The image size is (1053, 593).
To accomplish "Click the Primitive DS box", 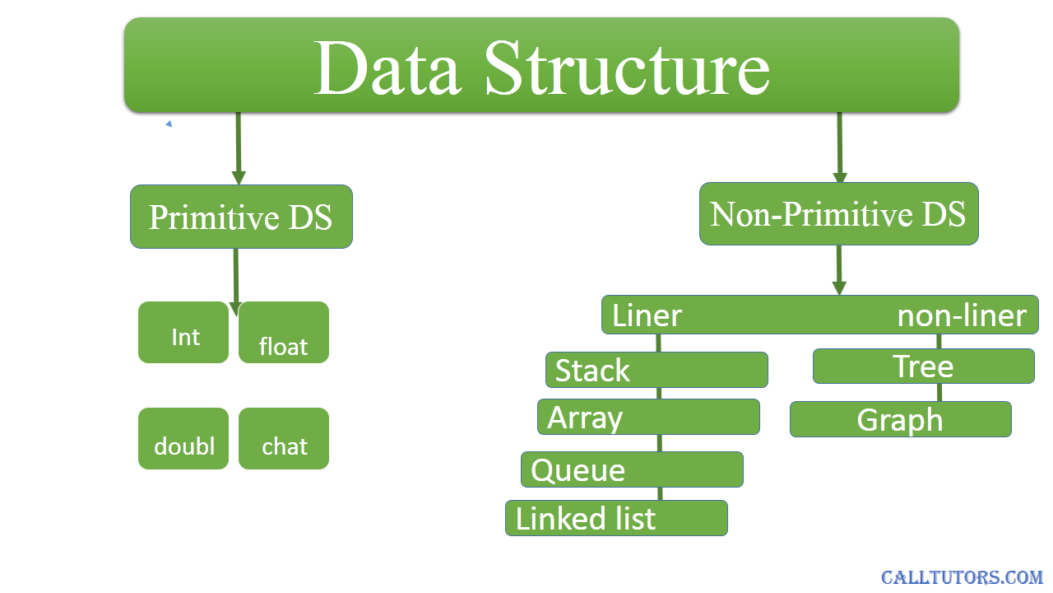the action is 241,217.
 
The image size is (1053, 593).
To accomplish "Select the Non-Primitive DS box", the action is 838,213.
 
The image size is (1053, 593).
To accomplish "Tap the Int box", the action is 183,332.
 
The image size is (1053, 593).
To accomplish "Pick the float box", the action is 284,332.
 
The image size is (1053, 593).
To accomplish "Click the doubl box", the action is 183,439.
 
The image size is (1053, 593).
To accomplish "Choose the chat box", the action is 284,439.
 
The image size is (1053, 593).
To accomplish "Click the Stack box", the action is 656,370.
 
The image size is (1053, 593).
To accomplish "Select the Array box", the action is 649,417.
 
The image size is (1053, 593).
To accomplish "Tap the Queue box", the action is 633,469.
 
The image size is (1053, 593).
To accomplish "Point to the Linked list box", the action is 617,518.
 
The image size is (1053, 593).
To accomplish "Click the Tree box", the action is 924,367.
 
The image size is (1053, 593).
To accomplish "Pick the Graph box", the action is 901,419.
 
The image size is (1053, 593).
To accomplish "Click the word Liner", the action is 647,315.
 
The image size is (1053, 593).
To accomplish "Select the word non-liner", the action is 962,315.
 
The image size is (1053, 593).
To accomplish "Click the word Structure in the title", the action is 627,68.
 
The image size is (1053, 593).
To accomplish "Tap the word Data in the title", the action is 387,68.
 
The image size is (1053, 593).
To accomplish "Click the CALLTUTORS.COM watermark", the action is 962,577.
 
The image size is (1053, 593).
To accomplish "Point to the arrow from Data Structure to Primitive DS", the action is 239,149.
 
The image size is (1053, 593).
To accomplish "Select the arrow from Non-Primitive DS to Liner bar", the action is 839,270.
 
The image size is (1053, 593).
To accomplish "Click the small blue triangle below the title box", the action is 169,124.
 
